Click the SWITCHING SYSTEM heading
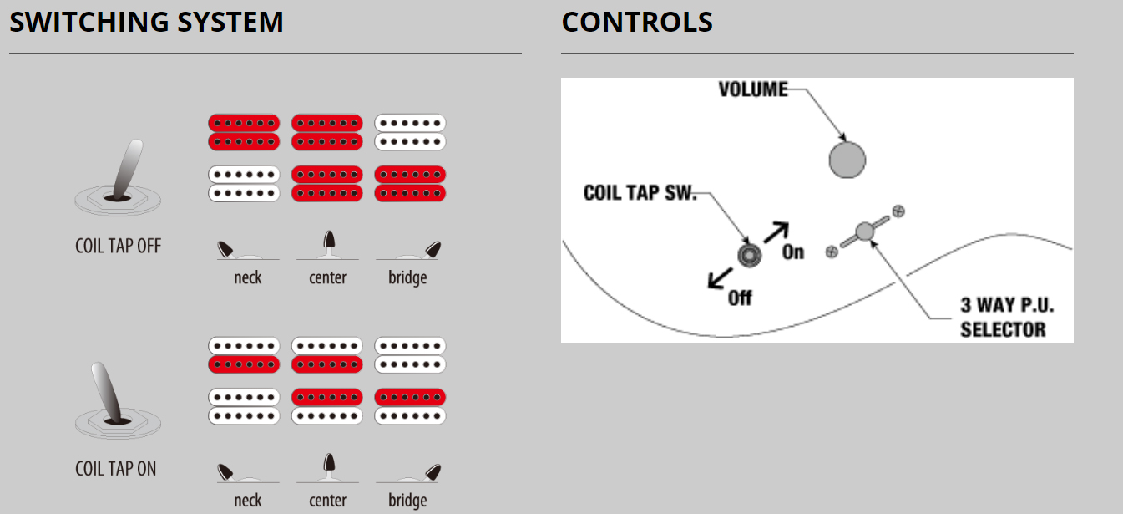[x=146, y=22]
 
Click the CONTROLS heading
[x=637, y=22]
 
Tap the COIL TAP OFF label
[x=118, y=246]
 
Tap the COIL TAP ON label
[x=116, y=469]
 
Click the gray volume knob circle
[x=847, y=159]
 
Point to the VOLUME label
[x=753, y=89]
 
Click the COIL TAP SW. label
[x=640, y=193]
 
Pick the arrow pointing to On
[x=776, y=231]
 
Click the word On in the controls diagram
[x=793, y=251]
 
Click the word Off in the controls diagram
[x=740, y=298]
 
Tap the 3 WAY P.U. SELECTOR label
[x=1007, y=317]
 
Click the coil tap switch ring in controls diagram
[x=747, y=255]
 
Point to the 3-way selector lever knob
[x=863, y=230]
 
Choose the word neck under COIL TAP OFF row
[x=247, y=277]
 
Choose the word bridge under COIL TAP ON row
[x=407, y=501]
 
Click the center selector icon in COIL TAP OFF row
[x=328, y=246]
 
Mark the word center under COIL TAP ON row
[x=327, y=501]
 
